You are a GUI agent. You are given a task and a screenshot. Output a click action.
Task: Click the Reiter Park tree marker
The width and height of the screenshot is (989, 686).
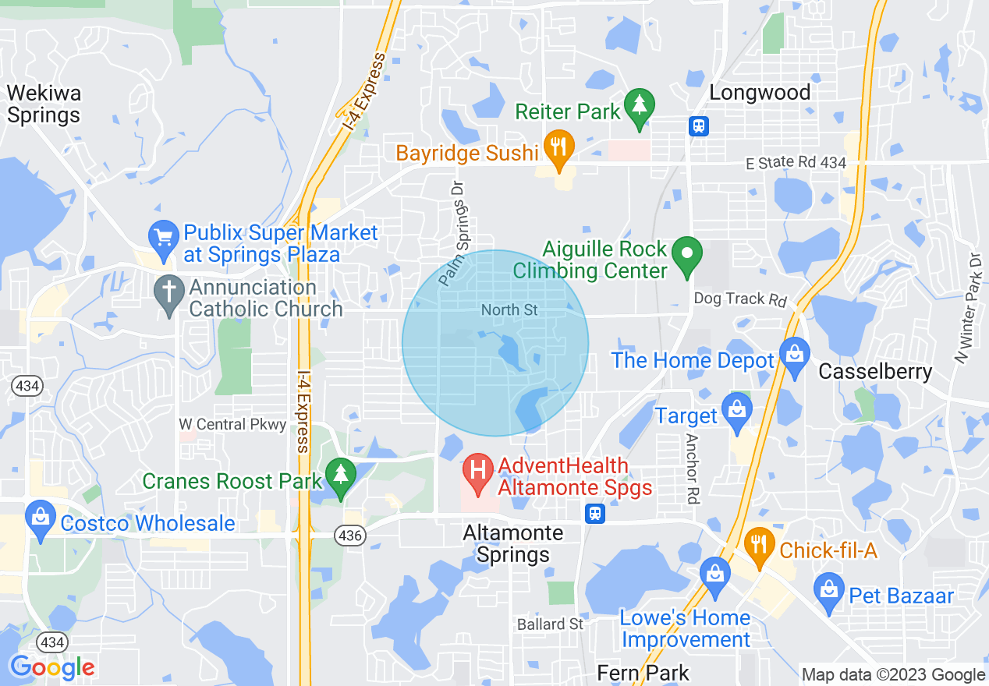tap(640, 107)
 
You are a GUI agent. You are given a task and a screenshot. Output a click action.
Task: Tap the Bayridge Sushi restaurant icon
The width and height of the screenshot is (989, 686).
tap(558, 148)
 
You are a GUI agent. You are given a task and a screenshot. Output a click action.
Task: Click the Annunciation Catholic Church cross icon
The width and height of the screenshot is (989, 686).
tap(169, 294)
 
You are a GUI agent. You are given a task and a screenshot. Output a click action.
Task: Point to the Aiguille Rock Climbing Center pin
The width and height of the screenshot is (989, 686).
tap(687, 255)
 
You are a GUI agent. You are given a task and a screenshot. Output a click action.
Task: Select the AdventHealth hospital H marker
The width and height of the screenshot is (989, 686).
tap(478, 472)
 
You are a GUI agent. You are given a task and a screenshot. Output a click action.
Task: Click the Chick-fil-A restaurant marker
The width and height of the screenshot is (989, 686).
tap(758, 545)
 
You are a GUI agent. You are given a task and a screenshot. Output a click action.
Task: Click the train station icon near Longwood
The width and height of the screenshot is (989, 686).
tap(698, 126)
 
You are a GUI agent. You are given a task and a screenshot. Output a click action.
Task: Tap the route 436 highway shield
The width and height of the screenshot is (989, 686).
tap(348, 536)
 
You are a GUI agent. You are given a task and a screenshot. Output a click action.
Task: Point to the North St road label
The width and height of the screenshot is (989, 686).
tap(509, 310)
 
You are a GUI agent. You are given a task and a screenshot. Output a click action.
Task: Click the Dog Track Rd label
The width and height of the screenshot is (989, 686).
tap(740, 299)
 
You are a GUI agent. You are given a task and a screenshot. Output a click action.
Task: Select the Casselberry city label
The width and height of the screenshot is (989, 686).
tap(875, 372)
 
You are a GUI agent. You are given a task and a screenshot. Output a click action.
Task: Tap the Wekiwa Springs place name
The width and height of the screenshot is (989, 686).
tap(44, 104)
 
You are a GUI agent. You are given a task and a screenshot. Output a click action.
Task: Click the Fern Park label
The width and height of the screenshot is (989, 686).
tap(643, 673)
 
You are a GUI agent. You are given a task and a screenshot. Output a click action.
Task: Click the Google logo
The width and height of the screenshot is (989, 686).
tap(52, 667)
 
